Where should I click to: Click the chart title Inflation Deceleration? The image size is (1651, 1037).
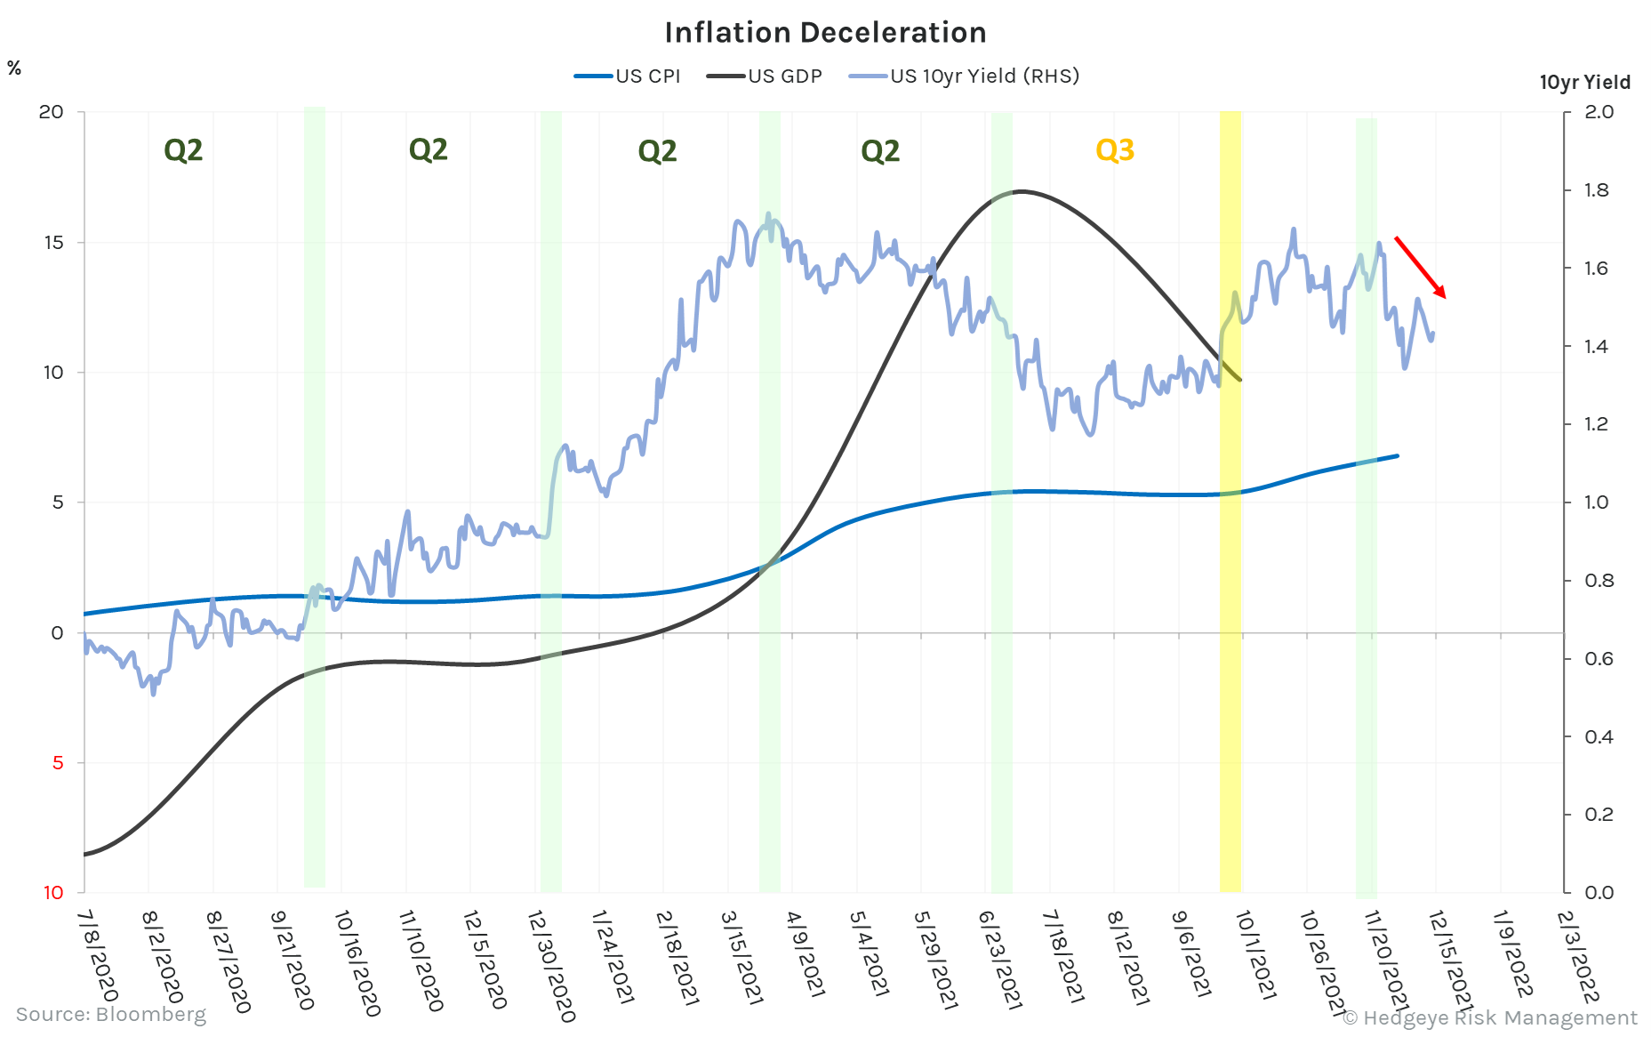pos(825,33)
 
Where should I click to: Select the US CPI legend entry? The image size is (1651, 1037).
pos(628,76)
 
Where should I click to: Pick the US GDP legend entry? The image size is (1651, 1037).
pos(765,76)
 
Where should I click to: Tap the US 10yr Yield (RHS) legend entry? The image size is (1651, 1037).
pos(965,76)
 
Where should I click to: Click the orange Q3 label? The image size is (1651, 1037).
pos(1115,150)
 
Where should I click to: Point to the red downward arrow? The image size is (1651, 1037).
pos(1420,267)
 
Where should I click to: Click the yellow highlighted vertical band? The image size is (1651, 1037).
pos(1230,534)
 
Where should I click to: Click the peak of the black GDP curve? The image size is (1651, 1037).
pos(1021,191)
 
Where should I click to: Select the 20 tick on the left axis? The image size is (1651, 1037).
pos(52,112)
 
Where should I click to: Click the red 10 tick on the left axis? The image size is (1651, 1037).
pos(53,892)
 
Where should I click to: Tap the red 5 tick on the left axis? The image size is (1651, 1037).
pos(58,762)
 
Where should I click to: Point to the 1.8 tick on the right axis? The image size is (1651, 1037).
pos(1597,190)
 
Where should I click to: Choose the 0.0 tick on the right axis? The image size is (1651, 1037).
pos(1597,892)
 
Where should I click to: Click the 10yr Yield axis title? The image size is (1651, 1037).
pos(1584,83)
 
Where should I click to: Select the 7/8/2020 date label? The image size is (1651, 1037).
pos(98,956)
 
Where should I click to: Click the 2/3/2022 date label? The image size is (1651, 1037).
pos(1579,956)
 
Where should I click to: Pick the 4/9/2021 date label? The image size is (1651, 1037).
pos(805,953)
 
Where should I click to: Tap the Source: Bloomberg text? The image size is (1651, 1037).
pos(111,1015)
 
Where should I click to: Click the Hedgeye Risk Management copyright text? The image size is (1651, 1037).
pos(1489,1017)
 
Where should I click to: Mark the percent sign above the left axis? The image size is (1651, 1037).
pos(14,68)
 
